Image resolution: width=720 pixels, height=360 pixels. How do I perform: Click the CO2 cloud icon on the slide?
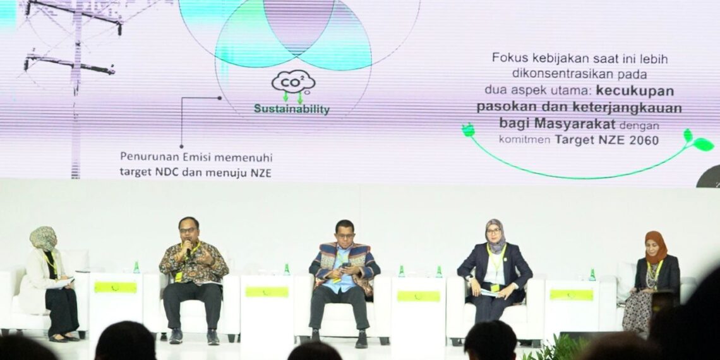[x=293, y=82]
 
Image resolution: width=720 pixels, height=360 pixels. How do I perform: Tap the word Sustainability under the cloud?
[x=292, y=109]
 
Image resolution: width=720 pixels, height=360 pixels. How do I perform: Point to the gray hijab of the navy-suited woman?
[x=495, y=234]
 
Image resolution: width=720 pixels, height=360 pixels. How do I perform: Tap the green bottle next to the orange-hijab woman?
[x=592, y=275]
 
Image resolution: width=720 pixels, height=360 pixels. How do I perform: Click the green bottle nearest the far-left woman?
[x=136, y=267]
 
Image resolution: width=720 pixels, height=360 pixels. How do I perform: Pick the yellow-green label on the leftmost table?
[x=116, y=287]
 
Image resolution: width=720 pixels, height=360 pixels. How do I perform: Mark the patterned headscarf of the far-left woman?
[x=43, y=238]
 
